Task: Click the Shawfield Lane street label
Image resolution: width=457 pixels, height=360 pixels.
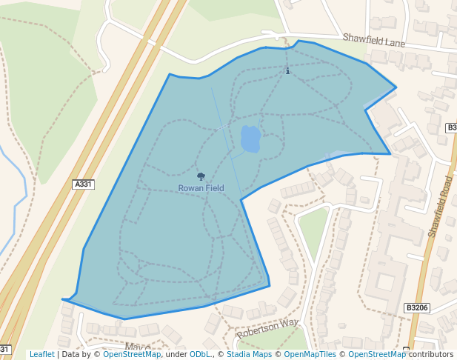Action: tap(373, 41)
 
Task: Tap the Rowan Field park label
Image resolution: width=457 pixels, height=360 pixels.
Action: tap(201, 188)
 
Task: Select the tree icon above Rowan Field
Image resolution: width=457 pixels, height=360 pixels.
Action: tap(201, 176)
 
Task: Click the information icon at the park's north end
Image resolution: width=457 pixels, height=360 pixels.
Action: tap(287, 71)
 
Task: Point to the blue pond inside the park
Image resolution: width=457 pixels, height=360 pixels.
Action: tap(250, 139)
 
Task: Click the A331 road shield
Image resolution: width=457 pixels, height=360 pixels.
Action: tap(84, 184)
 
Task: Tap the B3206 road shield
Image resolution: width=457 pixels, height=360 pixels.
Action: tap(417, 307)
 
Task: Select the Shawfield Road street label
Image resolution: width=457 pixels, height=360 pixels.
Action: tap(440, 207)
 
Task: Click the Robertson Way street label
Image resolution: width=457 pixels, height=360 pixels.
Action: tap(267, 329)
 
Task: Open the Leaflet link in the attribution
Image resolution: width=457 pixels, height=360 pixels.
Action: tap(41, 354)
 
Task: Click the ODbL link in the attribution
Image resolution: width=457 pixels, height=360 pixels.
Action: tap(200, 354)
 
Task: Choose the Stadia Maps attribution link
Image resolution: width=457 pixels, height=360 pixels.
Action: tap(249, 354)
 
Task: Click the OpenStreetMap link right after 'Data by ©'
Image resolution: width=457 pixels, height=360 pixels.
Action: tap(132, 354)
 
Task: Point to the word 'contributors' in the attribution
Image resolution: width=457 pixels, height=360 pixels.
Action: tap(431, 354)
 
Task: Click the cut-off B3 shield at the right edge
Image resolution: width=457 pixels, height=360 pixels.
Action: tap(451, 127)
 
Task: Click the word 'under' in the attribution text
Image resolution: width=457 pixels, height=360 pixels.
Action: tap(176, 354)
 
